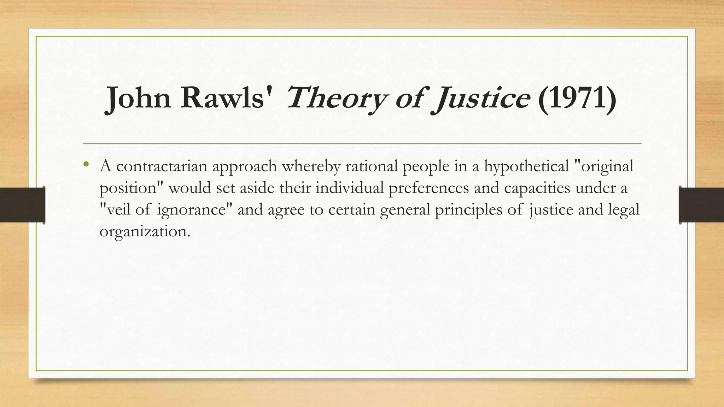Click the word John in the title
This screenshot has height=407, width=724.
point(139,98)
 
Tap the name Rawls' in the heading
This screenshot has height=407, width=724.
point(227,98)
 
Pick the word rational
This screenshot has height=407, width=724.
point(371,166)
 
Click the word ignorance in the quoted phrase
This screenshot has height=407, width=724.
point(191,210)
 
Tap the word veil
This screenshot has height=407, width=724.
point(118,210)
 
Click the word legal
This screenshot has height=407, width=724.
point(624,210)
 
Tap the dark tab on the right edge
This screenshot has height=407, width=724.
point(701,205)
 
